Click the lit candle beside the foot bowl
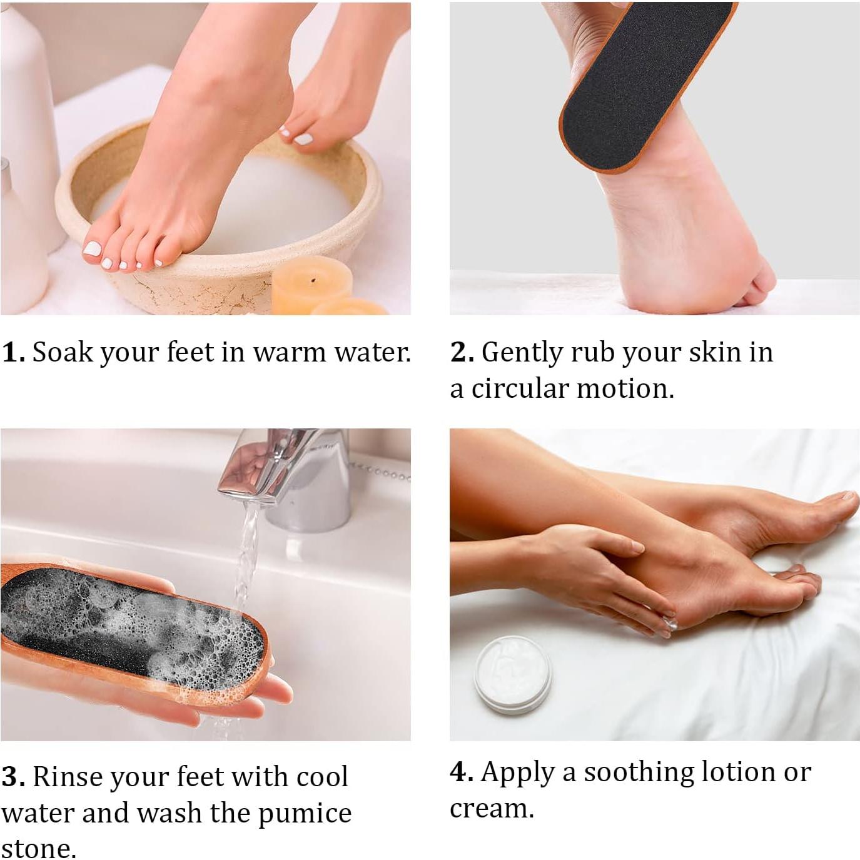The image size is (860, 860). coord(311,283)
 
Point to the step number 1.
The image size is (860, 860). coord(13,353)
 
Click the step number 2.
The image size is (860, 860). coord(462,353)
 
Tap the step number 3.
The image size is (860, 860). coord(13,777)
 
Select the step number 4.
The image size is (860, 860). coord(462,772)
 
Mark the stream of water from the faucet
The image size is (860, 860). coord(246,550)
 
